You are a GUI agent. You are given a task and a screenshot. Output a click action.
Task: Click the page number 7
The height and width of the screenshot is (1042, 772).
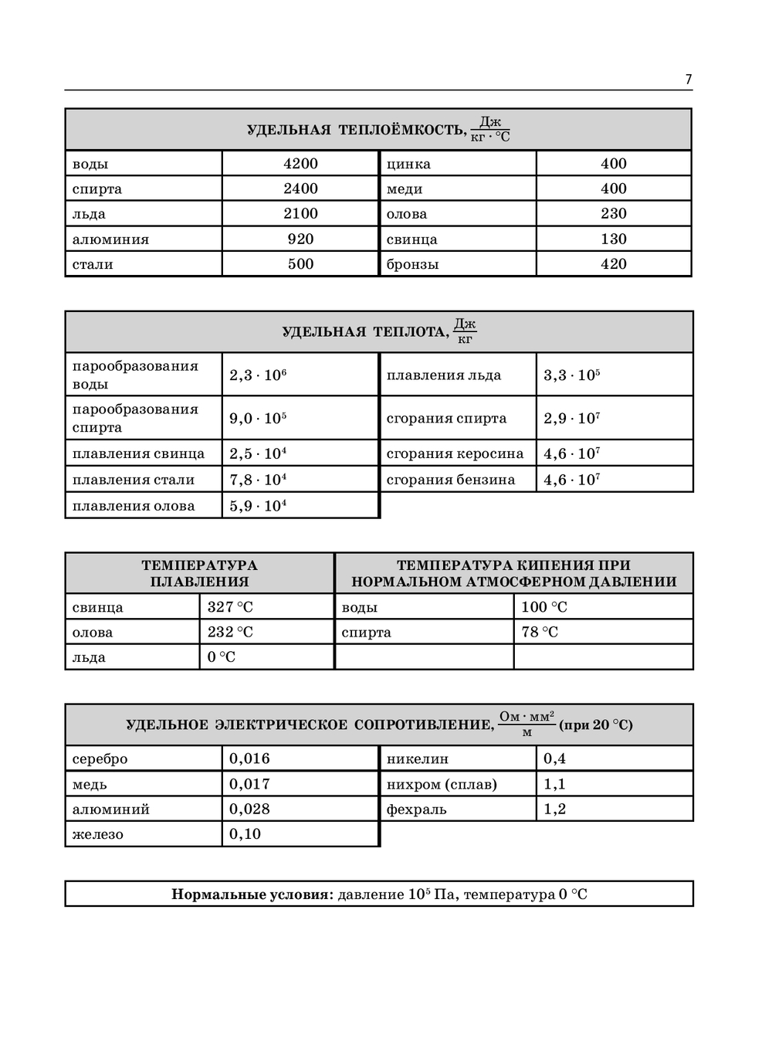pyautogui.click(x=688, y=80)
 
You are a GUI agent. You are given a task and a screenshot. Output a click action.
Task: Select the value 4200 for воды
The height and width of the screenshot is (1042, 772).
pyautogui.click(x=300, y=163)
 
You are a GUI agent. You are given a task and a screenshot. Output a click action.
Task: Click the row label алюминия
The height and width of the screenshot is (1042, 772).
pyautogui.click(x=110, y=239)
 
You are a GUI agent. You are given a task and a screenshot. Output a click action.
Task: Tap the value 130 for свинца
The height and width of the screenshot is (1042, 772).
pyautogui.click(x=614, y=239)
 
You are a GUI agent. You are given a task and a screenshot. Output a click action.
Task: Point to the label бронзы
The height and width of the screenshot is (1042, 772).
pyautogui.click(x=412, y=264)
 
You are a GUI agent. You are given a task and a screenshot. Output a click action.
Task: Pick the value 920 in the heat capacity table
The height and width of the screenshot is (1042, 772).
pyautogui.click(x=300, y=239)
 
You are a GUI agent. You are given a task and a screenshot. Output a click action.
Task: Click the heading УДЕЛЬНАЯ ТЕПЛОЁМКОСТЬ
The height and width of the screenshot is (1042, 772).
pyautogui.click(x=356, y=130)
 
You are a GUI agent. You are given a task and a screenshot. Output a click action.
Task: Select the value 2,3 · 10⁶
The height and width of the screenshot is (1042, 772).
pyautogui.click(x=258, y=375)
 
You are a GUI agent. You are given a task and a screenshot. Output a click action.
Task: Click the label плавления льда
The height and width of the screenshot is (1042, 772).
pyautogui.click(x=444, y=375)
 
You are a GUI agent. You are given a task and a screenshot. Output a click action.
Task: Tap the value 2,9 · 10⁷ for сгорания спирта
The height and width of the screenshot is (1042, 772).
pyautogui.click(x=571, y=419)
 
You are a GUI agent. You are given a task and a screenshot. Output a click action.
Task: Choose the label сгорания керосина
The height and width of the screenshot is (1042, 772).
pyautogui.click(x=455, y=453)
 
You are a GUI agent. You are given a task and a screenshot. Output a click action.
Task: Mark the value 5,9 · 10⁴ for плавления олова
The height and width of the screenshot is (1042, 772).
pyautogui.click(x=258, y=506)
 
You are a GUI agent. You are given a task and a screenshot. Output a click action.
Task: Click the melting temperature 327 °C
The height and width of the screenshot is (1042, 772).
pyautogui.click(x=230, y=607)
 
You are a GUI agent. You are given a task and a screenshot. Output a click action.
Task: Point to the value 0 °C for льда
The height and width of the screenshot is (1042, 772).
pyautogui.click(x=222, y=657)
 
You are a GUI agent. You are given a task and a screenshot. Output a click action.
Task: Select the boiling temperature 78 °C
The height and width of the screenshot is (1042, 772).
pyautogui.click(x=540, y=632)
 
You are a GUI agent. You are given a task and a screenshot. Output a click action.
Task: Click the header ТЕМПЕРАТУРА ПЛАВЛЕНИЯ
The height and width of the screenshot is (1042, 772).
pyautogui.click(x=199, y=573)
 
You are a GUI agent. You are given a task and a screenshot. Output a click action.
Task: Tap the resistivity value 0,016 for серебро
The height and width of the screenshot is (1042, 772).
pyautogui.click(x=249, y=759)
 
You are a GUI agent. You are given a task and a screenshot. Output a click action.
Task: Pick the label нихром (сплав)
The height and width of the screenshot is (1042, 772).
pyautogui.click(x=442, y=784)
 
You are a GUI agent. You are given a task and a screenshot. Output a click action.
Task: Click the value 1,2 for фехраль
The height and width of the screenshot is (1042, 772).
pyautogui.click(x=554, y=809)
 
